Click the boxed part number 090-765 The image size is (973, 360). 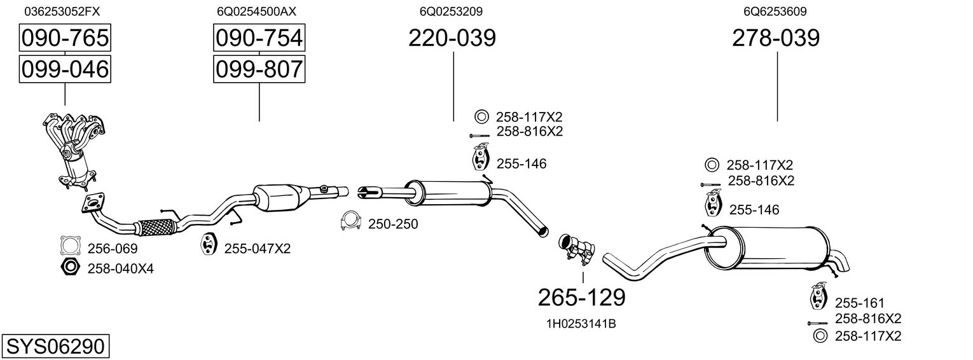pyautogui.click(x=65, y=38)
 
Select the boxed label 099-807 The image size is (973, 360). pyautogui.click(x=259, y=69)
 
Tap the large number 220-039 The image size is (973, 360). pyautogui.click(x=452, y=38)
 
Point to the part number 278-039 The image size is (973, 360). pyautogui.click(x=776, y=38)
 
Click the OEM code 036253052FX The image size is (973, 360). pyautogui.click(x=62, y=11)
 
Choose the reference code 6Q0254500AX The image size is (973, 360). pyautogui.click(x=256, y=11)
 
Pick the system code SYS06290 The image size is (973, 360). pyautogui.click(x=55, y=347)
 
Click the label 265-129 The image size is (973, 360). pyautogui.click(x=582, y=298)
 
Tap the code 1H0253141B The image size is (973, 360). pyautogui.click(x=581, y=324)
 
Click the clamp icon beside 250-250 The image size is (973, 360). pyautogui.click(x=350, y=221)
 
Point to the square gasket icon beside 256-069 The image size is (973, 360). pyautogui.click(x=71, y=246)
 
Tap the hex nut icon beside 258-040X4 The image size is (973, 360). pyautogui.click(x=71, y=267)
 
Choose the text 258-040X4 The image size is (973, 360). pyautogui.click(x=121, y=269)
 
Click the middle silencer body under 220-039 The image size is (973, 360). pyautogui.click(x=448, y=193)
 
